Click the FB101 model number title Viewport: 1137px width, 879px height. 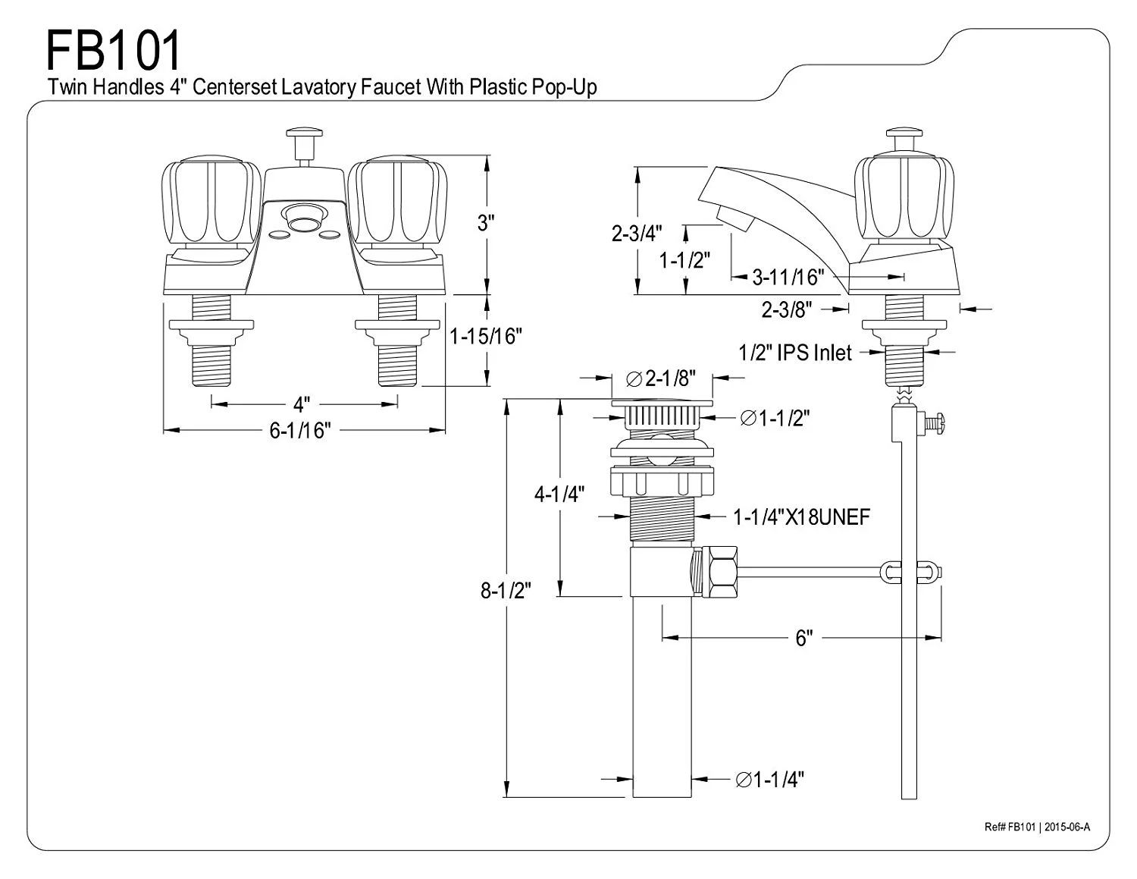(114, 52)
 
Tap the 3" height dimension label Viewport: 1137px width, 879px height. (485, 222)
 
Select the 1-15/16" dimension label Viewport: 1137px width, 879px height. (486, 336)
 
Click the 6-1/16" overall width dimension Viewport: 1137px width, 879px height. (301, 431)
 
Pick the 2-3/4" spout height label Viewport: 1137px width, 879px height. (637, 233)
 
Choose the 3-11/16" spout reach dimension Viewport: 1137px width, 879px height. (788, 277)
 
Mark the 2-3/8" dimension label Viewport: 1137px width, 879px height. (787, 309)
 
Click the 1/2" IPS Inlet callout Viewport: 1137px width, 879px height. (795, 353)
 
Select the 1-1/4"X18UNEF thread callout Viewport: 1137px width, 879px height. (801, 517)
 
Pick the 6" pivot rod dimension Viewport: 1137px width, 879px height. (803, 639)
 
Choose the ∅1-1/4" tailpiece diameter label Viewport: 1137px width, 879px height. (769, 779)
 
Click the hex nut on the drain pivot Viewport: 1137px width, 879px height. (717, 572)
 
